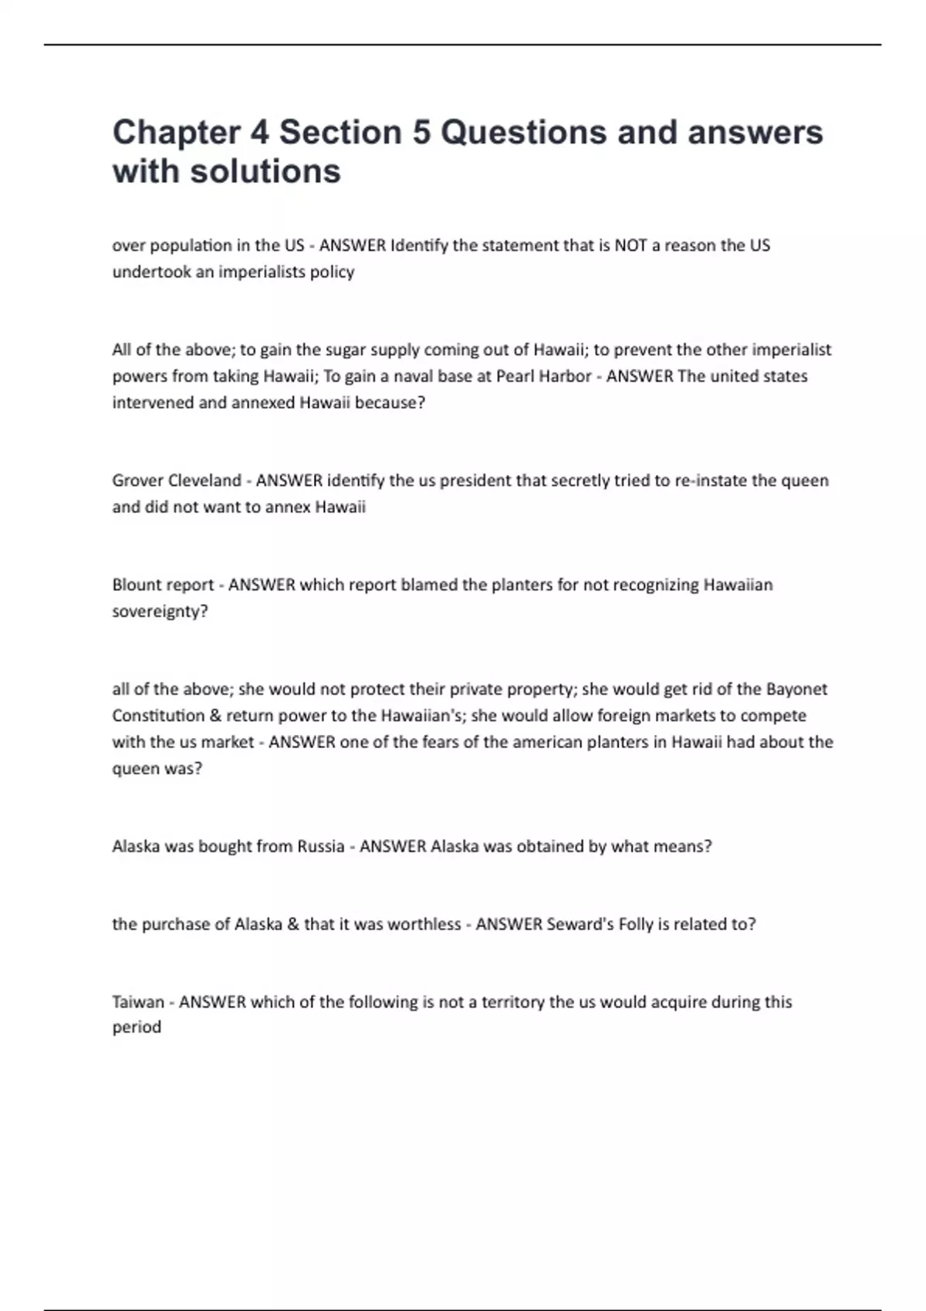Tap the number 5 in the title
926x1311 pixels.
(x=421, y=133)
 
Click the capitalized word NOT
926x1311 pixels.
(x=630, y=245)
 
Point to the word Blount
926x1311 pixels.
(x=137, y=585)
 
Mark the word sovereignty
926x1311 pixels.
(x=159, y=612)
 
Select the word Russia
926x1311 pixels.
(x=320, y=846)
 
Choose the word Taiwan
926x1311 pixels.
(x=138, y=1003)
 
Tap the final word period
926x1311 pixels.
(x=137, y=1028)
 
